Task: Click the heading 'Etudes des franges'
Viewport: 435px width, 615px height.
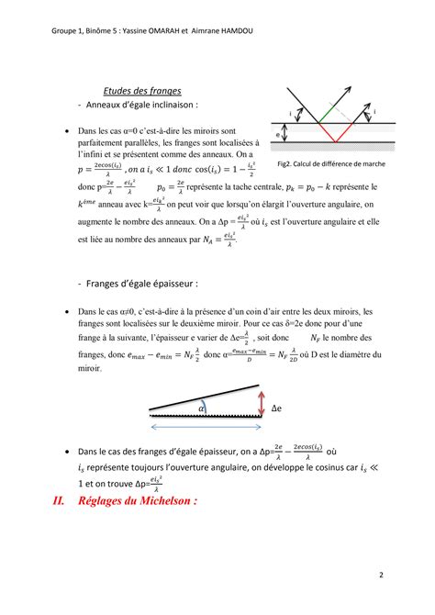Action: (x=142, y=91)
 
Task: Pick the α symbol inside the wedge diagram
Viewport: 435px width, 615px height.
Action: (x=202, y=408)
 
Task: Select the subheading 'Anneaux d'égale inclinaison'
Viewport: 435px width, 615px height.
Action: (x=143, y=106)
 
